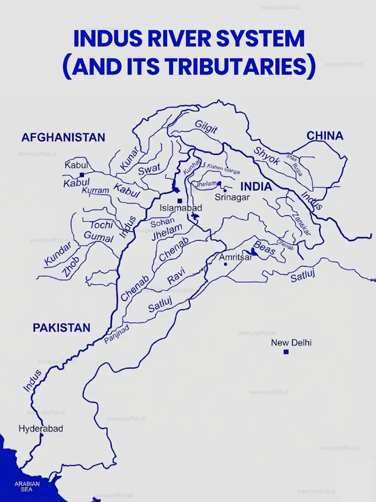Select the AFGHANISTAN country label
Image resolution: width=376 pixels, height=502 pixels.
click(x=63, y=137)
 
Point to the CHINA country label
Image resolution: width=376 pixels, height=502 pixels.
click(x=325, y=136)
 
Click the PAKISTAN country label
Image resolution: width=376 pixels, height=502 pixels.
click(x=62, y=328)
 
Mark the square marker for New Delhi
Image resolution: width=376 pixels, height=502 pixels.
click(x=286, y=352)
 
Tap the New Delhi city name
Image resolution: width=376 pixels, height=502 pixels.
click(x=291, y=343)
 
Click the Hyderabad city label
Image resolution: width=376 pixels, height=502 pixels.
click(x=41, y=428)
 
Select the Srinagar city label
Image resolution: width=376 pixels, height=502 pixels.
click(x=232, y=197)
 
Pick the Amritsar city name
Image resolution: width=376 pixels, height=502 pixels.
click(x=236, y=257)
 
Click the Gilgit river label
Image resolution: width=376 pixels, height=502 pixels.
click(x=206, y=127)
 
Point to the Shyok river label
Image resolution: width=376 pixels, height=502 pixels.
click(x=266, y=156)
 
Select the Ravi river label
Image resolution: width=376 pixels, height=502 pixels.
click(x=176, y=276)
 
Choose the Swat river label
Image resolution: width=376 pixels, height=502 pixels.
click(x=149, y=170)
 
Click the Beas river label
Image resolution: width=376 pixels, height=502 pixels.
click(x=264, y=248)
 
